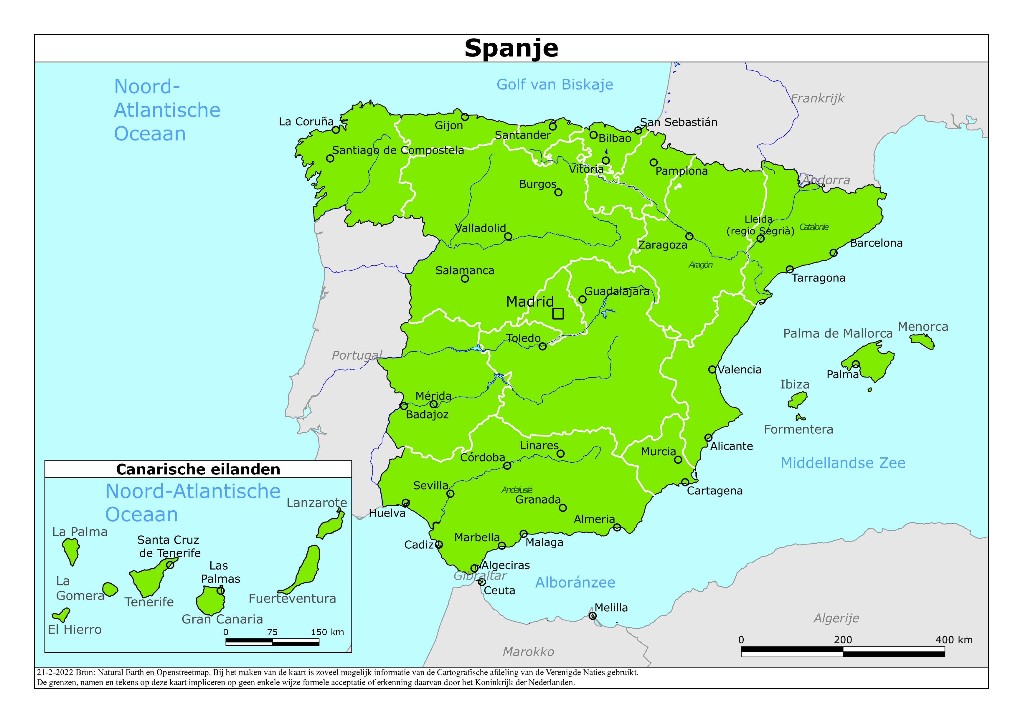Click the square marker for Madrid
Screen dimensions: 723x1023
558,314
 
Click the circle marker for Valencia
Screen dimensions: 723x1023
712,369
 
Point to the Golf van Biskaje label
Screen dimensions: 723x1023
555,85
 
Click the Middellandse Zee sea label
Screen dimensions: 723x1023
843,463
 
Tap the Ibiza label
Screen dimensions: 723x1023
794,384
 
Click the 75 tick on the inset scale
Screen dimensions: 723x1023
272,632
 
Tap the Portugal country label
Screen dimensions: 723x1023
357,355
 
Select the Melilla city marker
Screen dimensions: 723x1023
592,616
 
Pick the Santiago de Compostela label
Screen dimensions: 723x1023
397,150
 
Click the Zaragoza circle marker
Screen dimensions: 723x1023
689,236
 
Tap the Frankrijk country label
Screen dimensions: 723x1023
817,98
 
